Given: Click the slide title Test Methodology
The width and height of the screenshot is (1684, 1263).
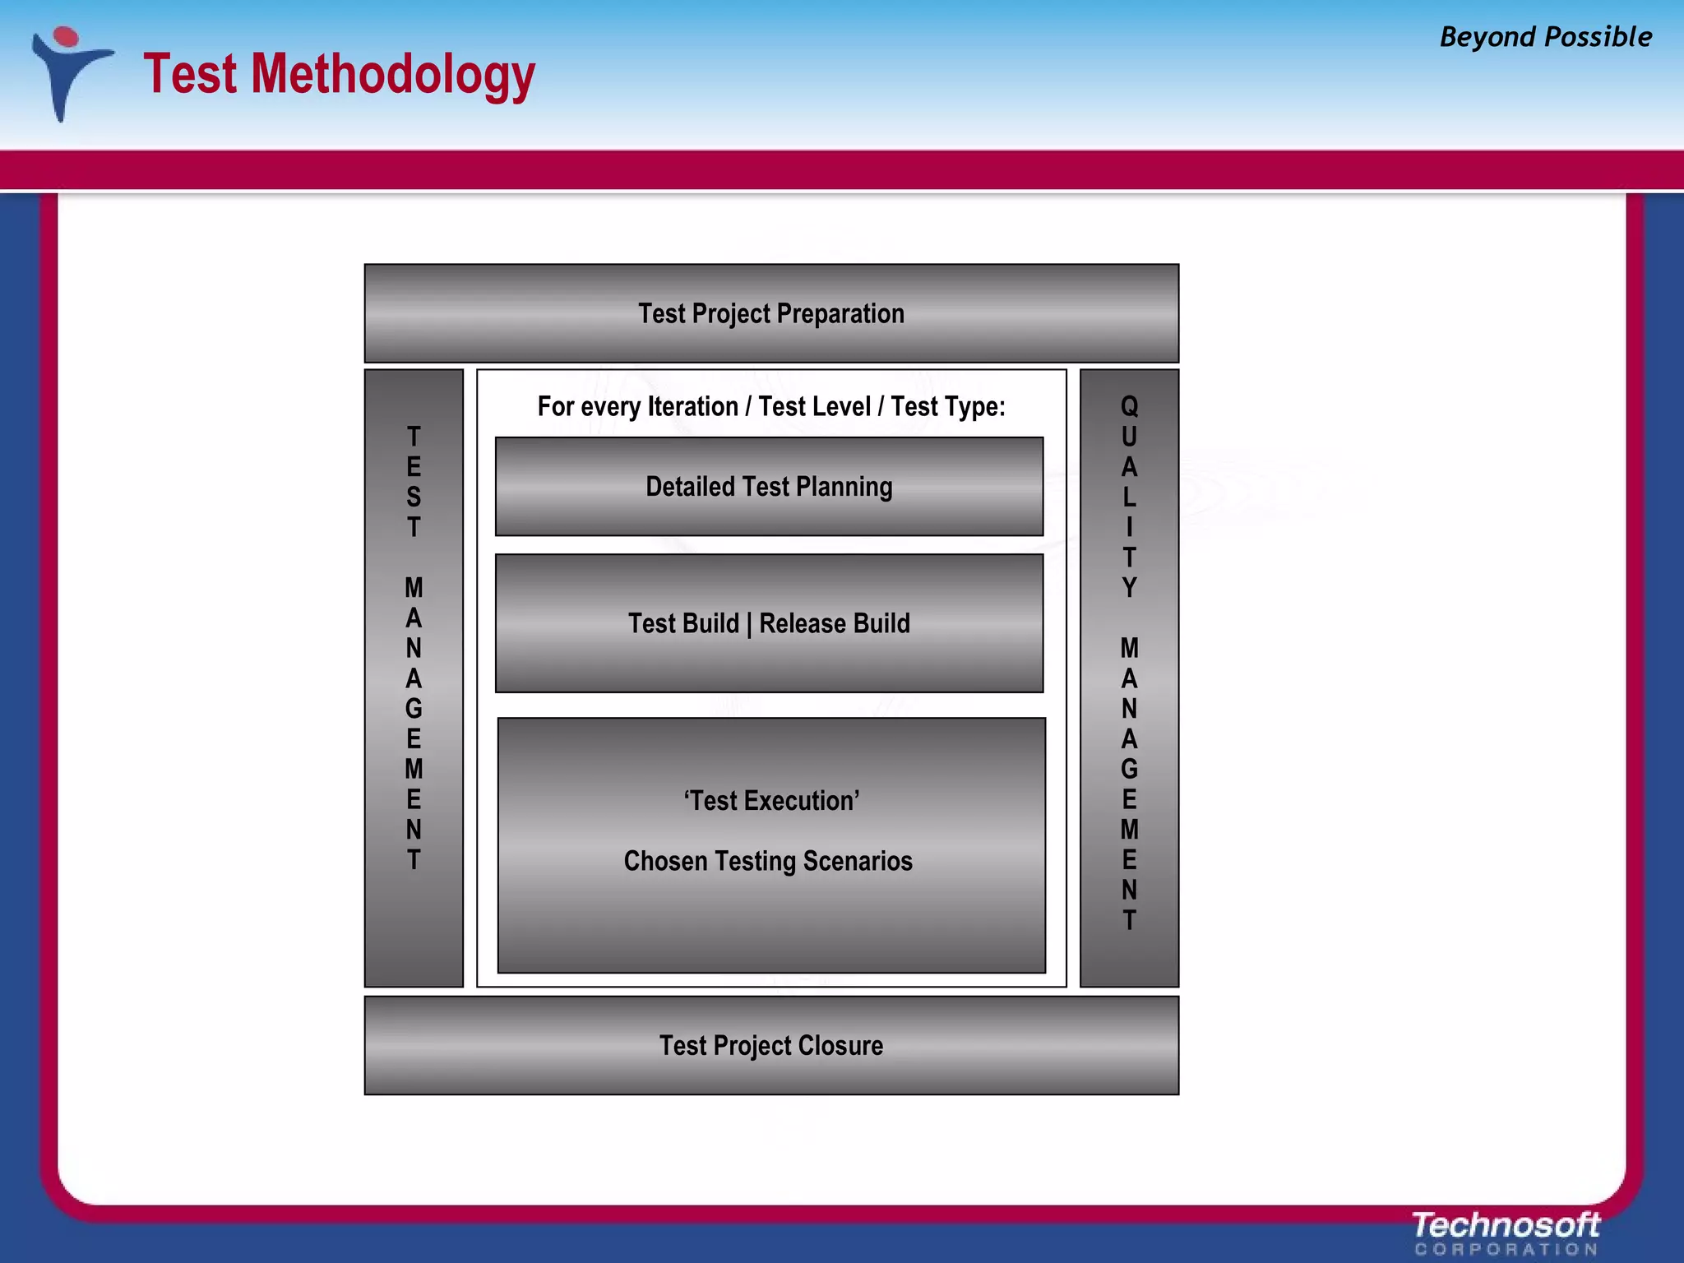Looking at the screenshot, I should (339, 74).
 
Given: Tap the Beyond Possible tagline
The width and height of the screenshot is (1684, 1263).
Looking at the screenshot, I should (1545, 37).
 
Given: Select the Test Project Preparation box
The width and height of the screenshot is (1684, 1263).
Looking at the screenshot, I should (770, 313).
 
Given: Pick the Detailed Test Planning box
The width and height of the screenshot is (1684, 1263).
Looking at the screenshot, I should (769, 487).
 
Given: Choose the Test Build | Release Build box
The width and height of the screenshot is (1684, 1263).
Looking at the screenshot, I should (769, 623).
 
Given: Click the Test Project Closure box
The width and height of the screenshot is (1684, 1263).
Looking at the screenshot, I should (770, 1045).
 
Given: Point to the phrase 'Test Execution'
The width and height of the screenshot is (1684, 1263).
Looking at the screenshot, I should (771, 800).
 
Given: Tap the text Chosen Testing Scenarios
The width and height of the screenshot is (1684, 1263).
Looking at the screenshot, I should (768, 861).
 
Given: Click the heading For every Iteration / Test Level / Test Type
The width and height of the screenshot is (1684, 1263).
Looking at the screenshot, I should (771, 406).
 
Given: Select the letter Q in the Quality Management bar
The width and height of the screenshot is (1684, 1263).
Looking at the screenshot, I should (1129, 406).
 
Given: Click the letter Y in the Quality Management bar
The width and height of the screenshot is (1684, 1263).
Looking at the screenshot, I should (1129, 588).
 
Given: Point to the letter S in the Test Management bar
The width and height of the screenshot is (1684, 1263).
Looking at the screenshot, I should (414, 497).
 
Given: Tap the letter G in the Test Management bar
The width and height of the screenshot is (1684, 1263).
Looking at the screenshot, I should (414, 709).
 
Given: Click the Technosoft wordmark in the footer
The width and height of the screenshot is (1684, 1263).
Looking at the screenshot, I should (1506, 1225).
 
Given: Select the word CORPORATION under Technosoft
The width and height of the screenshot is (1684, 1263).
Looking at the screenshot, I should (1506, 1250).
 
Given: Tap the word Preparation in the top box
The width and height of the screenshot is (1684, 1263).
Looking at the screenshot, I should (840, 313).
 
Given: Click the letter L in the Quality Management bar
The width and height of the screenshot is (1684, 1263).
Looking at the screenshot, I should (1129, 497).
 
